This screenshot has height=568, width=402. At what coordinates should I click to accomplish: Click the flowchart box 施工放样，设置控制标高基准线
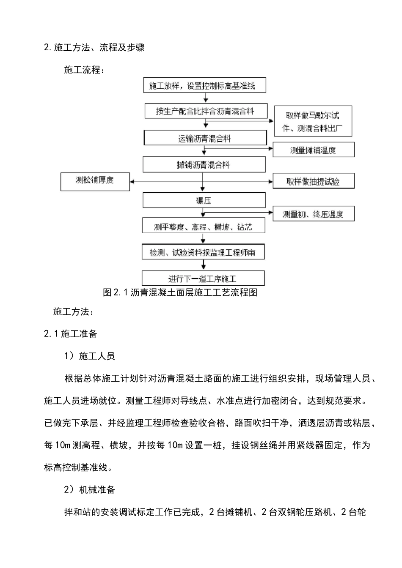205,85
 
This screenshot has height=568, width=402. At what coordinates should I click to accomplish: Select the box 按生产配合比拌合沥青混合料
206,111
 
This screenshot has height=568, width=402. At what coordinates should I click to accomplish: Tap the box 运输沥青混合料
205,138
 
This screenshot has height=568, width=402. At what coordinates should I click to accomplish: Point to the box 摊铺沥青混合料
204,165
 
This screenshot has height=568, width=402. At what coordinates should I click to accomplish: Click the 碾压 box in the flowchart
204,200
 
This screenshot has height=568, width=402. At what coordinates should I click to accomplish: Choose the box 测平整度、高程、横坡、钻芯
204,227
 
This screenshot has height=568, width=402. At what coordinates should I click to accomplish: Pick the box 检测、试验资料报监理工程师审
203,252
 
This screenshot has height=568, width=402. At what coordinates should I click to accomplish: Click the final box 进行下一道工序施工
203,279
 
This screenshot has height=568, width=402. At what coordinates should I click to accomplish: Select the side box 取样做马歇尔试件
313,121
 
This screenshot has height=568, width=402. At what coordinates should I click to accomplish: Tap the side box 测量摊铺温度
313,150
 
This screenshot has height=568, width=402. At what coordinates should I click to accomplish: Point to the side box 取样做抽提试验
313,181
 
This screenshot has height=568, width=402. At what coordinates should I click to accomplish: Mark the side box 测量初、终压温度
313,214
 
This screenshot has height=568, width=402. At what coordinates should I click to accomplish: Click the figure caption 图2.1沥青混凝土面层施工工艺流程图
180,292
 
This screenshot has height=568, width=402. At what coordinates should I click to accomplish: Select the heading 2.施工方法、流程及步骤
94,47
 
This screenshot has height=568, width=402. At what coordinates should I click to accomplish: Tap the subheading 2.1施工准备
71,334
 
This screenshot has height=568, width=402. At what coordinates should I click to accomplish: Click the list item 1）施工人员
89,356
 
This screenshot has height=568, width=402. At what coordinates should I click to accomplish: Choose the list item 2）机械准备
89,490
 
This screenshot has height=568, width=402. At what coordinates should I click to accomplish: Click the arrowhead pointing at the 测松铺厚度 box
132,182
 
